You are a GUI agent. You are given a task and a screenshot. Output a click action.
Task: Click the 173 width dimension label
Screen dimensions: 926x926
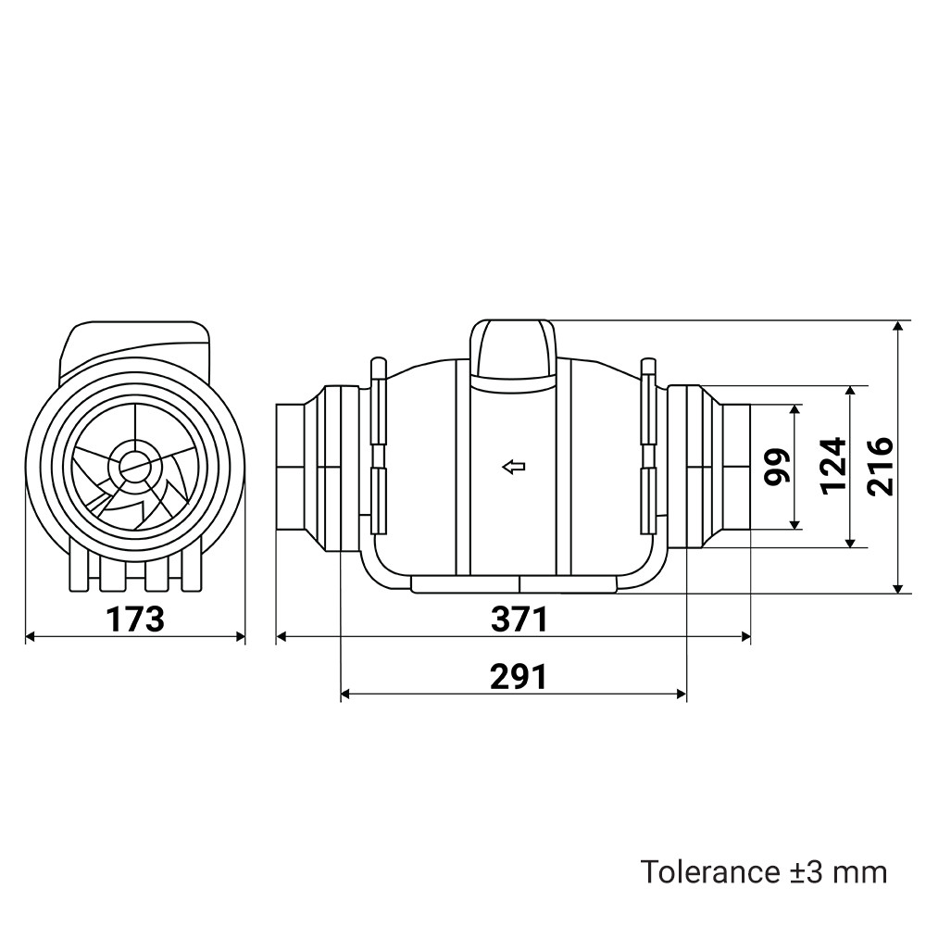(134, 619)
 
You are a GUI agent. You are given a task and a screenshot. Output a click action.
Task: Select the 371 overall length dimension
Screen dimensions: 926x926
(519, 619)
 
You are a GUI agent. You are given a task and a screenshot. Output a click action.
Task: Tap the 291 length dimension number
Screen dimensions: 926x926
(519, 677)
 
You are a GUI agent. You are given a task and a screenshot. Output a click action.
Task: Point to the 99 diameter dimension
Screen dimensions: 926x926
(776, 467)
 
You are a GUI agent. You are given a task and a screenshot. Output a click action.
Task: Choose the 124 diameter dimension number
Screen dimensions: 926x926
(832, 466)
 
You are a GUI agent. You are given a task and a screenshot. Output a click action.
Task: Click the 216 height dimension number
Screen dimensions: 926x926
(880, 466)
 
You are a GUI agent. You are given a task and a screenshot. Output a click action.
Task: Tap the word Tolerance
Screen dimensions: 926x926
(710, 872)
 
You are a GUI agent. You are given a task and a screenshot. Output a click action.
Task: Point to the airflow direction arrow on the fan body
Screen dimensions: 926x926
(514, 467)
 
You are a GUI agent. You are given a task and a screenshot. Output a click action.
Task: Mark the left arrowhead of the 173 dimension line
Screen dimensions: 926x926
(31, 636)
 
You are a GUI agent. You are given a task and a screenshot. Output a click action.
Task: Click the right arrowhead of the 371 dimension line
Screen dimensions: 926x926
(745, 636)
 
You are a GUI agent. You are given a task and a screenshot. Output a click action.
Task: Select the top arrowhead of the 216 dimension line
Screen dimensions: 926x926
(898, 326)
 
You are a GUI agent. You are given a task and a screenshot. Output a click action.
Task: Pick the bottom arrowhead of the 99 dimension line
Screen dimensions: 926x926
(795, 524)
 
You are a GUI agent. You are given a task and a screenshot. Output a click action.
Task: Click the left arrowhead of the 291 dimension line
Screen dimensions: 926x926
(346, 694)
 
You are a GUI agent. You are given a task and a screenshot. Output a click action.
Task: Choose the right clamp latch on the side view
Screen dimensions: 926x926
(648, 447)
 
